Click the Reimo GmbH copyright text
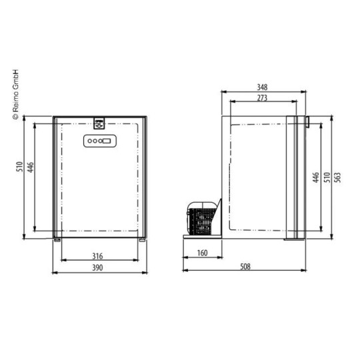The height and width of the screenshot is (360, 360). tap(15, 94)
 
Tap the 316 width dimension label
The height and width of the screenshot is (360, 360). tap(97, 256)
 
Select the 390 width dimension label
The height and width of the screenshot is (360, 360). tap(97, 268)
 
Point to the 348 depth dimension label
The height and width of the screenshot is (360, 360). tap(262, 87)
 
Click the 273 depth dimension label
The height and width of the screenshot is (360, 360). tap(262, 98)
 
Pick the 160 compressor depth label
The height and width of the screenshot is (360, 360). tap(203, 253)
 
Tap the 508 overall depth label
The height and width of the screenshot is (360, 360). tap(245, 267)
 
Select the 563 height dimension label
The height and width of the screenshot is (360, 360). tap(337, 177)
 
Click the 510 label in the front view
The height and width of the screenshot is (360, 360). tap(20, 167)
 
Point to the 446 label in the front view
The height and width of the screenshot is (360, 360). tap(31, 167)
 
